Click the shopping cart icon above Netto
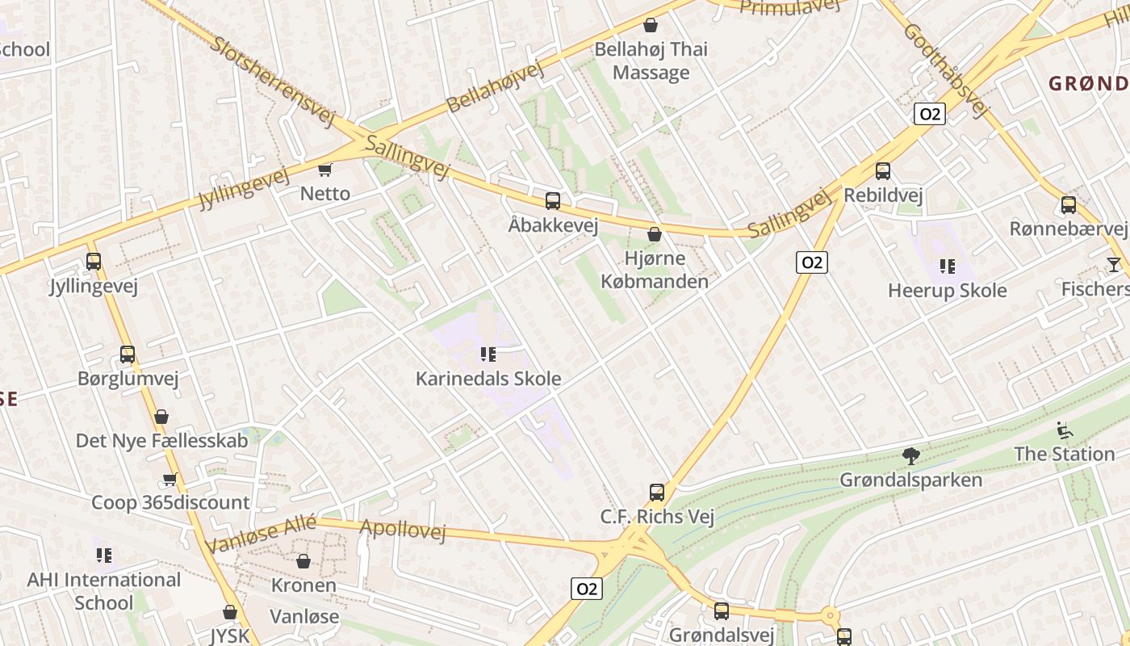pos(325,170)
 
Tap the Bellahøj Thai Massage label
pos(651,61)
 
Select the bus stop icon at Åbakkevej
pos(553,201)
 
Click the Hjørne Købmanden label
pos(655,270)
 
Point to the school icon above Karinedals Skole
pos(488,354)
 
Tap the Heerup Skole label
pos(948,291)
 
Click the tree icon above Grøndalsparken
pos(911,456)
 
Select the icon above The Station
pos(1065,430)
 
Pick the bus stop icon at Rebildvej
pos(883,171)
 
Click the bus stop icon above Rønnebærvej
pos(1069,205)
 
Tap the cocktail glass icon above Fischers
pos(1114,265)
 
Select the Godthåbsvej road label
pos(946,70)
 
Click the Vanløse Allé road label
pos(260,534)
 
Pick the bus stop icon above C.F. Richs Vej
pos(657,493)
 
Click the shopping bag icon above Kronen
pos(303,561)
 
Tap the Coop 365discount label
pos(170,502)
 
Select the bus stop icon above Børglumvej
pos(128,354)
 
